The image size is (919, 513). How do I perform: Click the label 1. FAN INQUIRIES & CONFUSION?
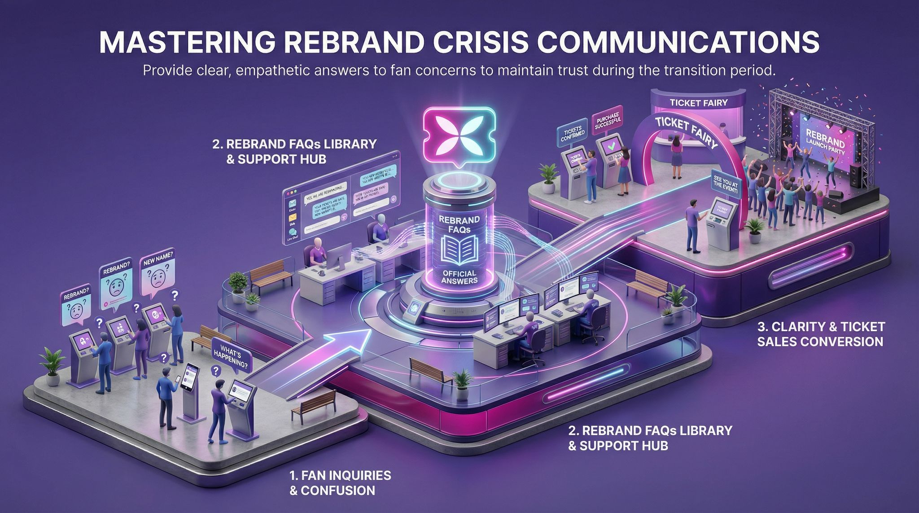tap(340, 482)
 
